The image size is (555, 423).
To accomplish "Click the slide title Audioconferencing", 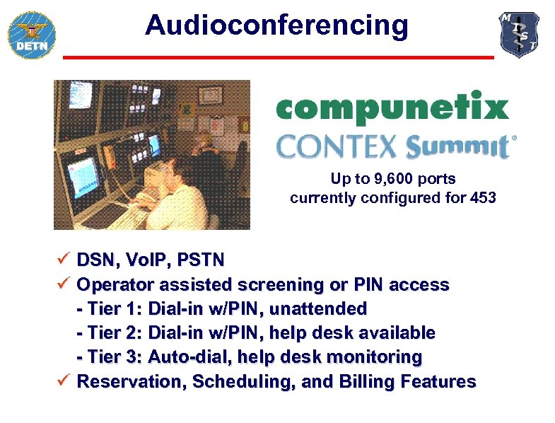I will pyautogui.click(x=276, y=25).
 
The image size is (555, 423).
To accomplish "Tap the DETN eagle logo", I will pyautogui.click(x=32, y=34).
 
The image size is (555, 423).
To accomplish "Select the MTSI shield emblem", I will pyautogui.click(x=520, y=35).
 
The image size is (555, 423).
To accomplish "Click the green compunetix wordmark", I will pyautogui.click(x=392, y=108).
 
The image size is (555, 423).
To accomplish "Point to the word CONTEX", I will pyautogui.click(x=337, y=146).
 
